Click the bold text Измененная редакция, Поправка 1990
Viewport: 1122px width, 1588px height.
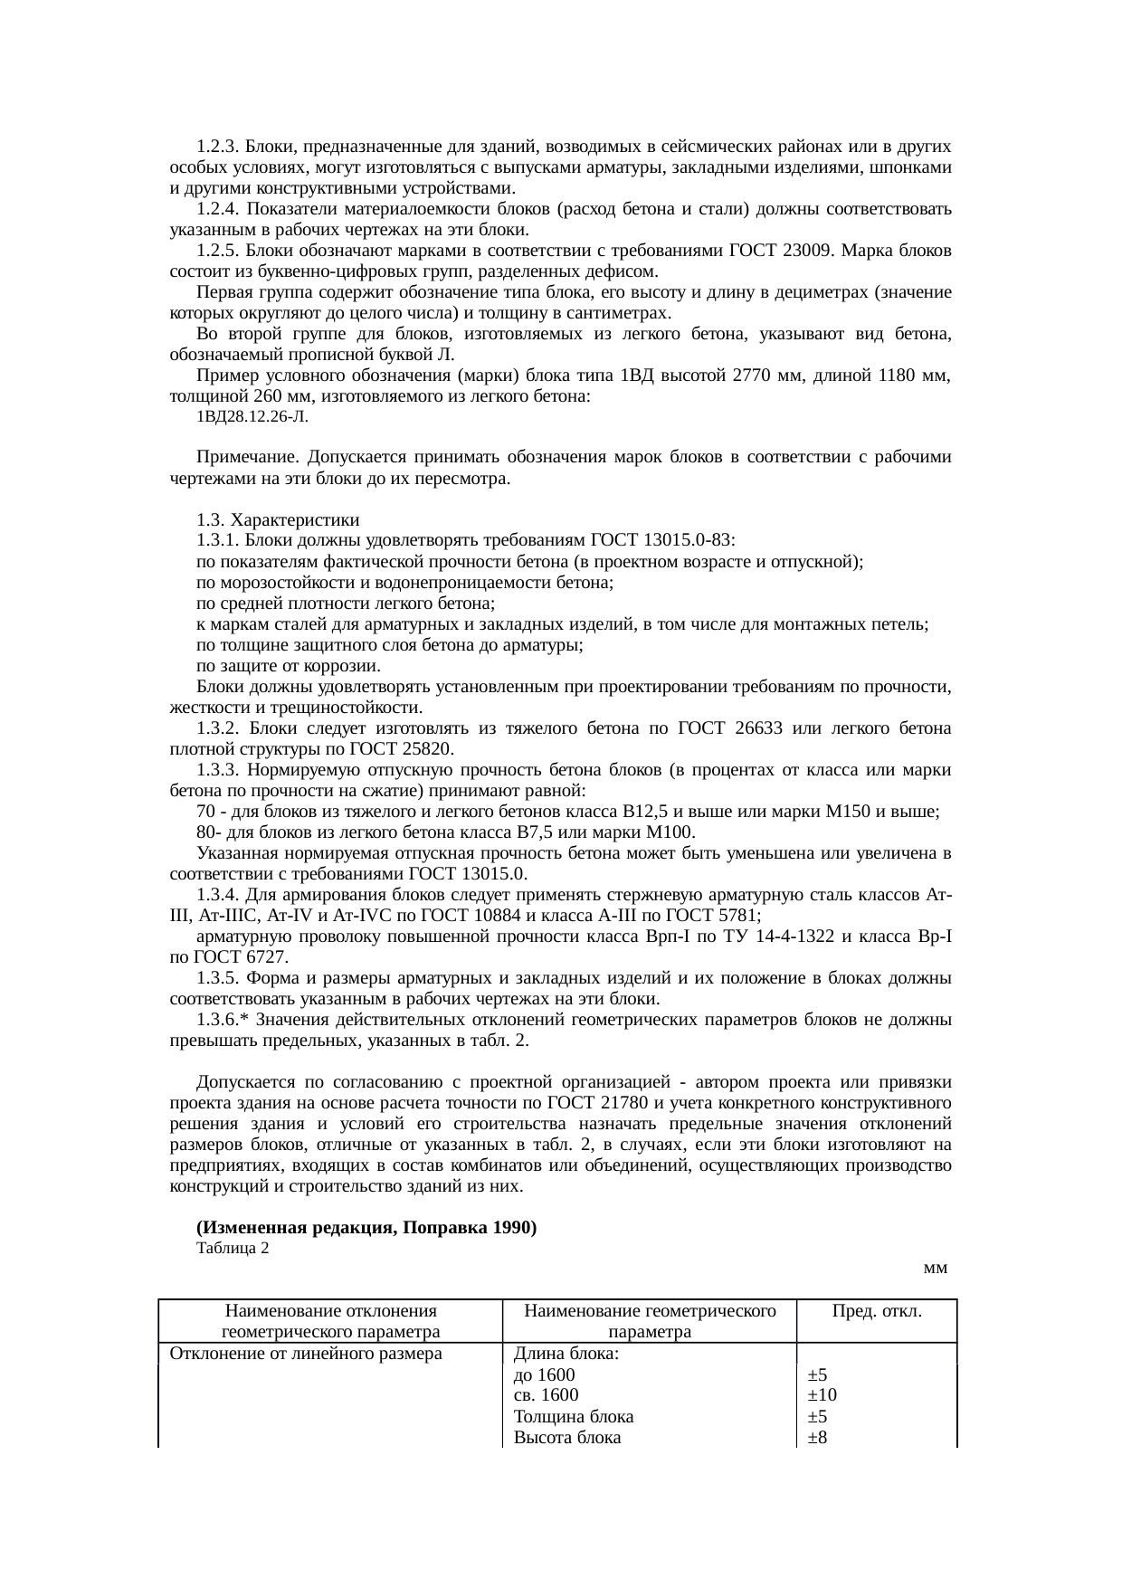point(366,1228)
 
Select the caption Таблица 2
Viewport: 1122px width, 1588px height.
point(232,1249)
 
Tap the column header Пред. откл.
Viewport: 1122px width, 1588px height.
point(877,1310)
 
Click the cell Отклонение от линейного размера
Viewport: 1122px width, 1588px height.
point(300,1354)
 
